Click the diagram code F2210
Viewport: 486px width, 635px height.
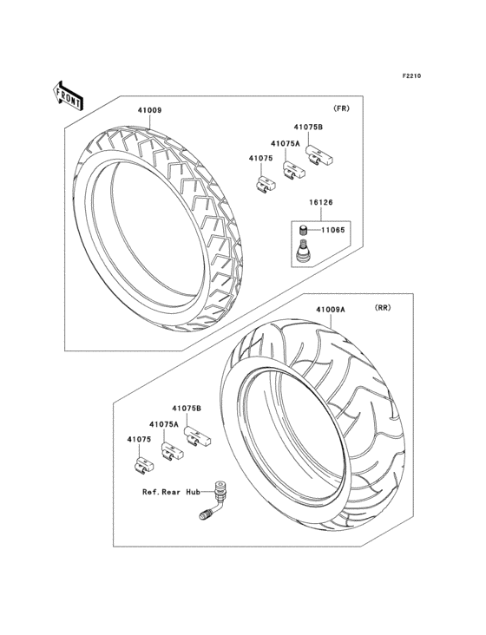pyautogui.click(x=410, y=76)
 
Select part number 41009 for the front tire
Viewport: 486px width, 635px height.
pyautogui.click(x=148, y=111)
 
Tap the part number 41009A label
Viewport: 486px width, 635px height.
pyautogui.click(x=330, y=309)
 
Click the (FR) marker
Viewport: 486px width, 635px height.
pyautogui.click(x=340, y=110)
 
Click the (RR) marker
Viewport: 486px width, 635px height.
pyautogui.click(x=383, y=308)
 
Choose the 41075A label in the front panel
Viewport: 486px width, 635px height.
pyautogui.click(x=285, y=143)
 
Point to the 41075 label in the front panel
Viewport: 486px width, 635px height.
pyautogui.click(x=260, y=159)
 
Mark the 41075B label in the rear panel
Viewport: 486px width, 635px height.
pyautogui.click(x=187, y=409)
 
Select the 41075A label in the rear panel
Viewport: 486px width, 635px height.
pyautogui.click(x=163, y=424)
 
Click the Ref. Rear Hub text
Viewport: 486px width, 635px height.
pyautogui.click(x=171, y=491)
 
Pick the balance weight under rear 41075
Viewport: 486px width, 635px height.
pyautogui.click(x=142, y=465)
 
